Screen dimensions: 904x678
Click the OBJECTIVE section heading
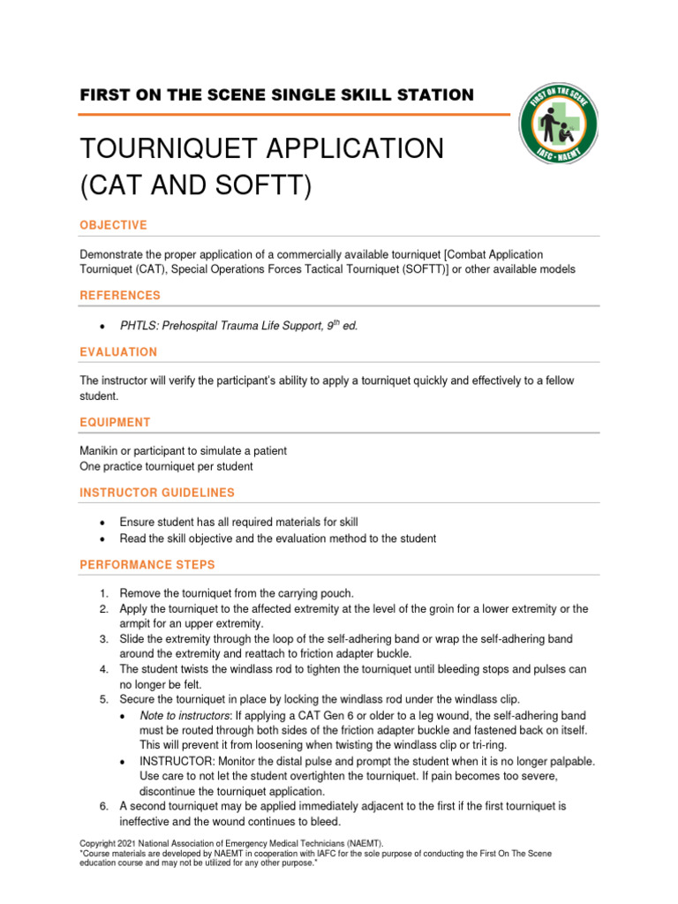pos(113,225)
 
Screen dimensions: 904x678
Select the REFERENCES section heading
pos(120,296)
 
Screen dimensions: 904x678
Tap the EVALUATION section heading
pos(118,352)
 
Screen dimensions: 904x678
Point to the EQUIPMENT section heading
pos(115,423)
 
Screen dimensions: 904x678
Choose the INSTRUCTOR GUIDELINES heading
pos(157,493)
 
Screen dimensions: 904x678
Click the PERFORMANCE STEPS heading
pos(147,564)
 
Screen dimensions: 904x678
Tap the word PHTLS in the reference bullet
pos(137,326)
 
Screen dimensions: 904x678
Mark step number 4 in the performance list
pos(102,669)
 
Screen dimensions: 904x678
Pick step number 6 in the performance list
pos(102,806)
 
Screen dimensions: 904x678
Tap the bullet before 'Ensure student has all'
pos(103,523)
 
